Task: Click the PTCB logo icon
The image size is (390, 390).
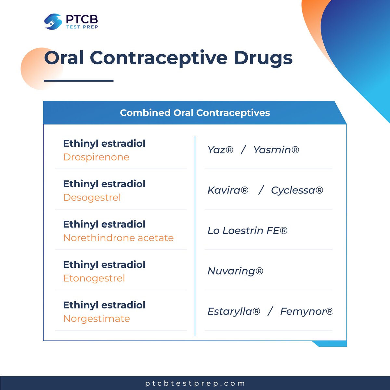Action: (x=53, y=22)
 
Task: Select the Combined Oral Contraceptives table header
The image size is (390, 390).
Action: (x=195, y=113)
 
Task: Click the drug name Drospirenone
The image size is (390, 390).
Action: (x=96, y=157)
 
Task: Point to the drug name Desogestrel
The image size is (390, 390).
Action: (x=92, y=198)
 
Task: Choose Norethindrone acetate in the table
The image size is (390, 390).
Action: (x=118, y=238)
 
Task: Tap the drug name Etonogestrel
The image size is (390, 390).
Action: (x=94, y=278)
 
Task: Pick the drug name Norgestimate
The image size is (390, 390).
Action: (x=97, y=318)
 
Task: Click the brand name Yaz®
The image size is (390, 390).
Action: (x=220, y=150)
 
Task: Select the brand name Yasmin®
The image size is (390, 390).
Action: (x=276, y=150)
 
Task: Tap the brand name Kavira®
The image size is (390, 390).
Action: (x=228, y=190)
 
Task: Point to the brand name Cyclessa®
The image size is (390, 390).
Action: (x=297, y=190)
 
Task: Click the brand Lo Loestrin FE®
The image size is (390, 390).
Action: (x=247, y=231)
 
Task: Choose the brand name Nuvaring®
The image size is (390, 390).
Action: (x=235, y=271)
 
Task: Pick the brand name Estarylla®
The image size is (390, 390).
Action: (x=234, y=311)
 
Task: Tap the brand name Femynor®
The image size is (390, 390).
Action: (x=306, y=311)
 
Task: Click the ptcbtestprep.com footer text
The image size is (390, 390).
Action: (x=195, y=383)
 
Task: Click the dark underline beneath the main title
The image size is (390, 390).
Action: (x=79, y=81)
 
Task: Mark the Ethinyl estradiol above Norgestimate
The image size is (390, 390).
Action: (x=104, y=305)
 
